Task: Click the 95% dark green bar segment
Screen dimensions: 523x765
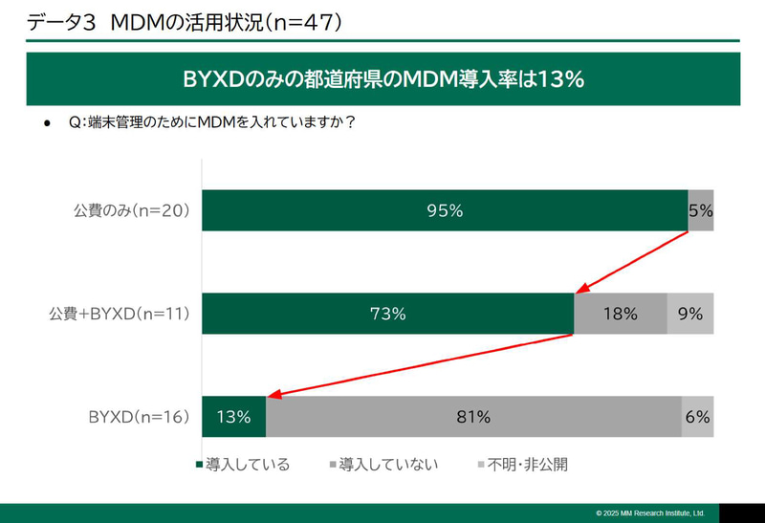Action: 444,211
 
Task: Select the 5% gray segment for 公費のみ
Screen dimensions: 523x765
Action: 701,211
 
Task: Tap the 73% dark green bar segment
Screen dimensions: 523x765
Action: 387,314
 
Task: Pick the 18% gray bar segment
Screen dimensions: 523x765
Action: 620,314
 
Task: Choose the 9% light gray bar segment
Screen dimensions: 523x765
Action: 690,314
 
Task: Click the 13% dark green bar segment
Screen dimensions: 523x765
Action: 233,416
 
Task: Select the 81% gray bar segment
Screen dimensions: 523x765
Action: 473,416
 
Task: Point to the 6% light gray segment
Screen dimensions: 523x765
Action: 698,416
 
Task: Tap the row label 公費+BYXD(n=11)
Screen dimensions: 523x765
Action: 120,314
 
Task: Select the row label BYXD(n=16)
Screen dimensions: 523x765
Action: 140,416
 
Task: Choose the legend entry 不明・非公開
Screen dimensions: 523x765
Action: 521,465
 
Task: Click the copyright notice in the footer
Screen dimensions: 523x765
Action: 650,513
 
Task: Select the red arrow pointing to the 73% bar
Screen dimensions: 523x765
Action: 631,261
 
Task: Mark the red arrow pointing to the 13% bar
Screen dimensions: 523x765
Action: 421,364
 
